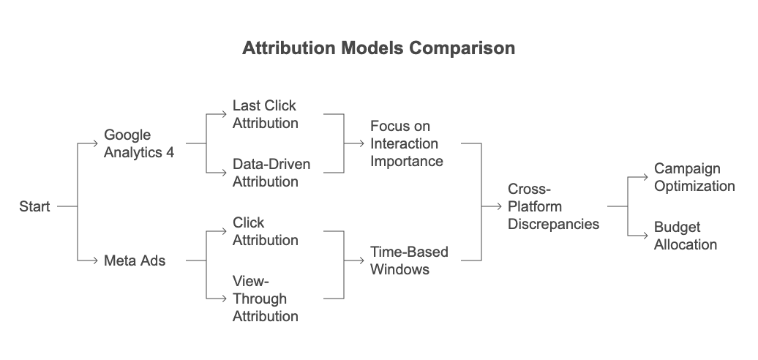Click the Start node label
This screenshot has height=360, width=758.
click(34, 207)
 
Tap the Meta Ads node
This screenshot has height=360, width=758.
click(134, 260)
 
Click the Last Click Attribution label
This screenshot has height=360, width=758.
click(265, 115)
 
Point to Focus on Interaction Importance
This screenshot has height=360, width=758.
click(406, 143)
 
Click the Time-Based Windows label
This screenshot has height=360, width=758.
click(408, 260)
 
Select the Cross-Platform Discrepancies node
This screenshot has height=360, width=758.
click(553, 207)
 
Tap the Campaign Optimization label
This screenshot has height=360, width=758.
click(694, 178)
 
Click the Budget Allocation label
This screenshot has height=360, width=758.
click(686, 236)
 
